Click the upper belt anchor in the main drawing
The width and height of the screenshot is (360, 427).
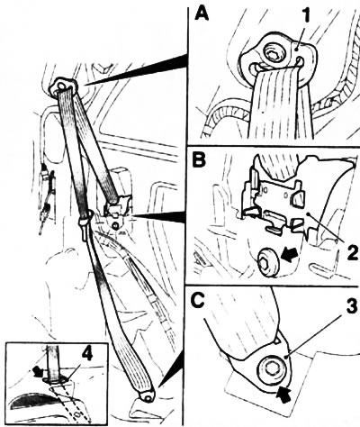pyautogui.click(x=62, y=86)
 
